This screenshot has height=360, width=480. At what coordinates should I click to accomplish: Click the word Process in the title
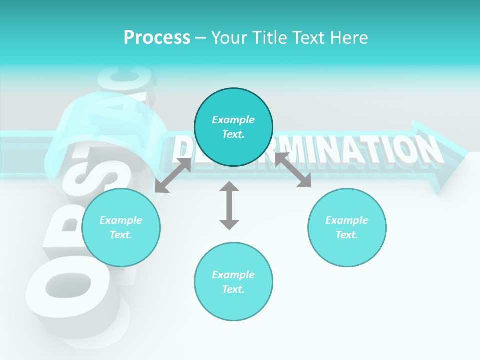[x=157, y=38]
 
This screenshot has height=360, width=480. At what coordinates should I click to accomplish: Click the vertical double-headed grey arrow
[x=229, y=205]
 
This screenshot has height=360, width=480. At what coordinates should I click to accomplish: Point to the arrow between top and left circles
[x=173, y=175]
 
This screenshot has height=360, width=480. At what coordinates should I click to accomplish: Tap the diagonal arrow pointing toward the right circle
[x=293, y=170]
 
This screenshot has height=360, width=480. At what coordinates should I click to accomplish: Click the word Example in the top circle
[x=233, y=120]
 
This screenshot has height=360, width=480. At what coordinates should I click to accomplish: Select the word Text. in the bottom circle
[x=233, y=289]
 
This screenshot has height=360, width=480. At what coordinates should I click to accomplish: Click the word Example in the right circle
[x=347, y=220]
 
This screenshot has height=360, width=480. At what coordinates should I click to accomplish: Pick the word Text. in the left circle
[x=121, y=235]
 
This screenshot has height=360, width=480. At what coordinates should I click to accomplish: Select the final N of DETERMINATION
[x=427, y=150]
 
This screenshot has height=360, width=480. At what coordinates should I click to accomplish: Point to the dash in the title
[x=200, y=38]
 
